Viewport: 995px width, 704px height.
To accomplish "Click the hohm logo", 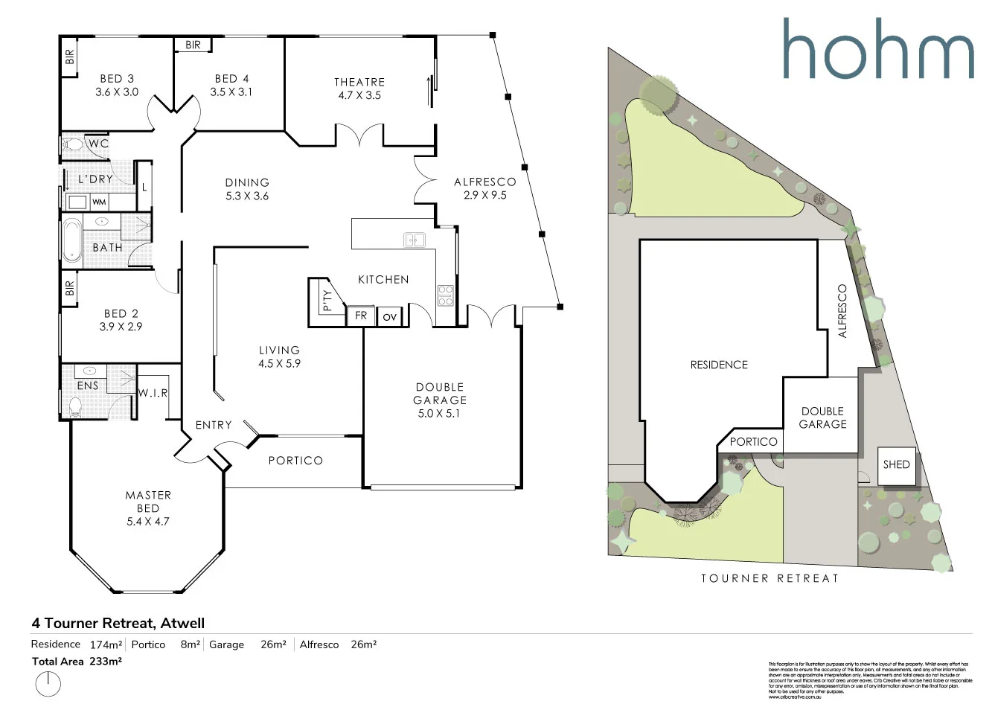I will [x=877, y=48].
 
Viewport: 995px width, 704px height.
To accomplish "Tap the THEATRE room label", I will [x=359, y=82].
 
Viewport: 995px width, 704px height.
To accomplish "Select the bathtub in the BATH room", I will [x=71, y=240].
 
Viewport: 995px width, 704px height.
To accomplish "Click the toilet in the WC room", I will [x=73, y=144].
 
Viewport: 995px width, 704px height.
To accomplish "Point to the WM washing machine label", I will [x=99, y=202].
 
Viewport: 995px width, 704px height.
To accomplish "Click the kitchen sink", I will [x=414, y=240].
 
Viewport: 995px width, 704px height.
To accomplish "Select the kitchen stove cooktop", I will [x=445, y=295].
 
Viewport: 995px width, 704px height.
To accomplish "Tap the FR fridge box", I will [x=361, y=316].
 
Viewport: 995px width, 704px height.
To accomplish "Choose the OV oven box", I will [x=389, y=317].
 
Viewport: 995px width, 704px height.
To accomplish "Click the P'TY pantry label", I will [x=326, y=299].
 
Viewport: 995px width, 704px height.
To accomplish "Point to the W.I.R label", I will [x=153, y=393].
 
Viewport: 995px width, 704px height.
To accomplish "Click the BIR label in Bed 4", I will [x=193, y=45].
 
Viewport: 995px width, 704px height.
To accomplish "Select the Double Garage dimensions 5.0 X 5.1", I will [x=439, y=414].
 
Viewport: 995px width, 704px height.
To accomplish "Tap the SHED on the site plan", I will [x=896, y=464].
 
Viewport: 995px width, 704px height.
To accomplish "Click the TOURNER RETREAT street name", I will [x=770, y=578].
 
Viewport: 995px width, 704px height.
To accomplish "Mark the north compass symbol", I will [x=48, y=682].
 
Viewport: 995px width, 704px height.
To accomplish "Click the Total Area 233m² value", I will [x=106, y=661].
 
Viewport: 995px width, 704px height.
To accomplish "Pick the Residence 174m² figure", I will [x=107, y=644].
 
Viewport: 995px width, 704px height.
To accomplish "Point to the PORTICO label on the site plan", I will [x=753, y=442].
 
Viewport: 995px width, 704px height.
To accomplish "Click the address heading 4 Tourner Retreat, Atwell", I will [x=118, y=624].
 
